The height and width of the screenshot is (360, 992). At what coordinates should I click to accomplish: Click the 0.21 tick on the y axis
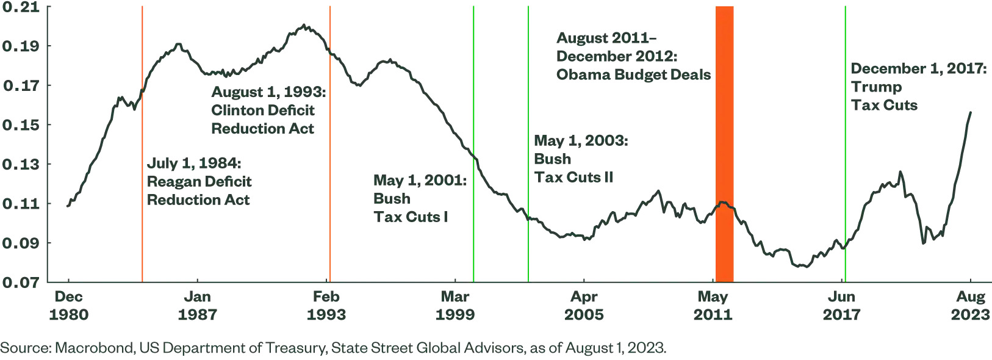[21, 7]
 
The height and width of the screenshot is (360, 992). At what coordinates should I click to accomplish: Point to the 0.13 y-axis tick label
[21, 165]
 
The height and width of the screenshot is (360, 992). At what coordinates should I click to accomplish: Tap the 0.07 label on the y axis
[21, 283]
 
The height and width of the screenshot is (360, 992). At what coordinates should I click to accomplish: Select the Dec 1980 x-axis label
[68, 306]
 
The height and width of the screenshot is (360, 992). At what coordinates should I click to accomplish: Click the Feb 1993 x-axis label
[326, 306]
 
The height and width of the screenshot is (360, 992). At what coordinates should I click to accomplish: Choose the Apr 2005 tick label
[584, 306]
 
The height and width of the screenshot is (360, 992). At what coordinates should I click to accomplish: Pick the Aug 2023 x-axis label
[970, 306]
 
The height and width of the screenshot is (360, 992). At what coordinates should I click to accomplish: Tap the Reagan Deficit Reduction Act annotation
[199, 182]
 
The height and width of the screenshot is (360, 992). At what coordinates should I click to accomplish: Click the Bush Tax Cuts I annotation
[419, 199]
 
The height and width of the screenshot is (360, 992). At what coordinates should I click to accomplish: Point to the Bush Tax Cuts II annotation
[580, 159]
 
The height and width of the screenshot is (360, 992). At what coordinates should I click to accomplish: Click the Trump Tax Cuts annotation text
[918, 87]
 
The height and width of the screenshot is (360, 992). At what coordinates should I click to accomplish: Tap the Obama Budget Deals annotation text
[633, 56]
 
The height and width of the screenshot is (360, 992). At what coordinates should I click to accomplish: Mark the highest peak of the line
[304, 26]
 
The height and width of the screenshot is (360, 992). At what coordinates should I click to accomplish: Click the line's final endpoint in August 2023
[971, 112]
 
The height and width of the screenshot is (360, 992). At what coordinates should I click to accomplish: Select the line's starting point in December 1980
[68, 206]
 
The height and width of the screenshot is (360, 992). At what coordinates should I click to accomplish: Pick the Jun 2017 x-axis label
[841, 306]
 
